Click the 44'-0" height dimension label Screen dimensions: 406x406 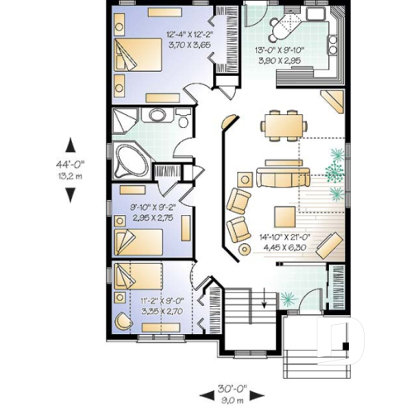tap(69, 164)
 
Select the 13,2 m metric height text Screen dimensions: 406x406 tap(69, 175)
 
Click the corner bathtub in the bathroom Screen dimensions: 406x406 tap(130, 160)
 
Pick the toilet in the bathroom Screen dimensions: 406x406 tap(181, 117)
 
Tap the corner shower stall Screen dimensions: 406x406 tap(126, 120)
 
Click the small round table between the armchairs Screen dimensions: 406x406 tap(244, 248)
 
